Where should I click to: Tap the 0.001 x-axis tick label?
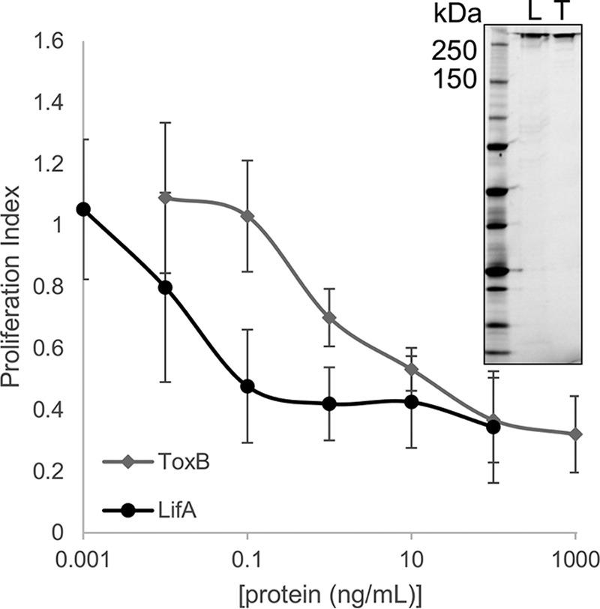click(83, 559)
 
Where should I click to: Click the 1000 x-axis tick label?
click(574, 559)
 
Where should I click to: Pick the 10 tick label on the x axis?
click(411, 559)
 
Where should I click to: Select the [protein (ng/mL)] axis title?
click(328, 592)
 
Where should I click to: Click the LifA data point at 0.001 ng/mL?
click(84, 209)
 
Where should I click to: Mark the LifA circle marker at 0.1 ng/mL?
click(247, 386)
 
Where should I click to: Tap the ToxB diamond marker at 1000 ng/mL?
click(574, 434)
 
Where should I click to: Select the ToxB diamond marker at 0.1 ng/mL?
click(247, 216)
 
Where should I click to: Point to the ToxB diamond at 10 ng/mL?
click(411, 369)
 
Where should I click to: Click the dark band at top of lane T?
click(565, 34)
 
